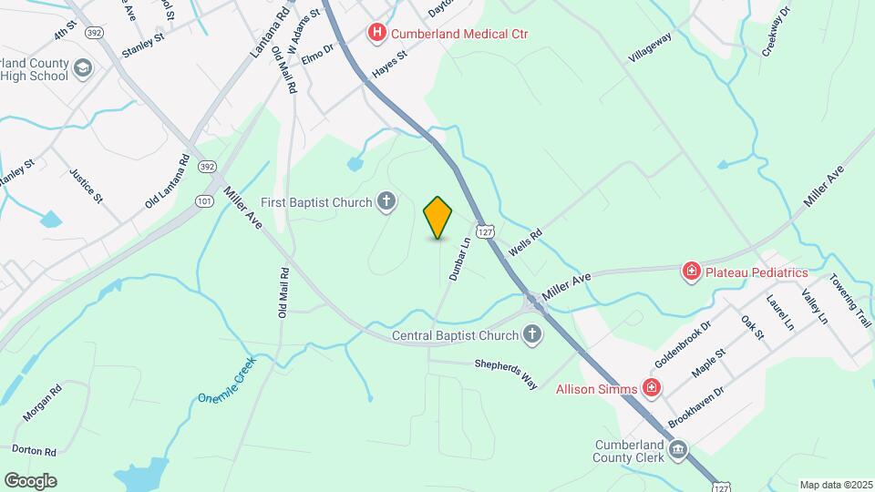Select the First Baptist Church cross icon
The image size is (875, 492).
coord(386,201)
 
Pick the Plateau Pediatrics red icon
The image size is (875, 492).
coord(692,272)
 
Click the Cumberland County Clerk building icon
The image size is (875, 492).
coord(678,450)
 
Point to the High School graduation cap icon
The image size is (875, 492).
coord(84,68)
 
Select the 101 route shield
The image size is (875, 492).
coord(202,200)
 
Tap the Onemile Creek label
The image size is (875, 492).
coord(227,381)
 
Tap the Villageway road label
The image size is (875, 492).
coord(650,48)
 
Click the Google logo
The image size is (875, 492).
coord(30,481)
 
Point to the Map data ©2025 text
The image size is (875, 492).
coord(834,485)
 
